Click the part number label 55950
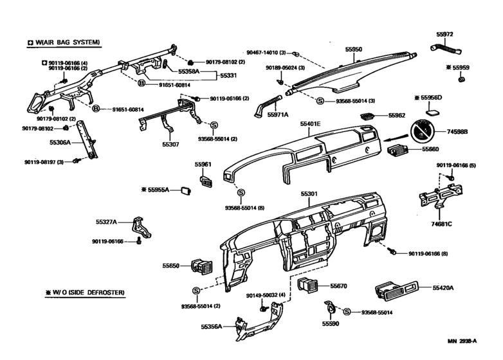354,48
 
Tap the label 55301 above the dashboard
309,192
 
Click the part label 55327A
106,222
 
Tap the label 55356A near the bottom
210,327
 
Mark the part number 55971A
278,114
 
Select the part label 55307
170,145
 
